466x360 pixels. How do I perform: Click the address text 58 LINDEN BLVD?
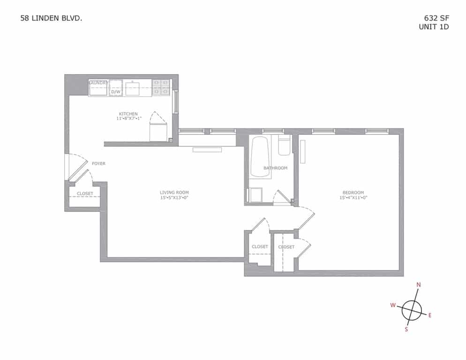(52, 19)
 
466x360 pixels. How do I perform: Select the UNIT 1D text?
(434, 27)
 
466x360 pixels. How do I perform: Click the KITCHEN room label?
(128, 114)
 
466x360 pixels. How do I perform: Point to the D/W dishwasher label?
(115, 92)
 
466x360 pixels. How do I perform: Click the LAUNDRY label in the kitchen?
(98, 83)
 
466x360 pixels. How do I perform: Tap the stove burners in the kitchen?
(161, 88)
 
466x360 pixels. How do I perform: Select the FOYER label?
(98, 164)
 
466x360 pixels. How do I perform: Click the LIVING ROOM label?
(174, 192)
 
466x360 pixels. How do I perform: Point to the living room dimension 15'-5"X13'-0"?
(174, 197)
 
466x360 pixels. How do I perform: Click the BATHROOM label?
(275, 168)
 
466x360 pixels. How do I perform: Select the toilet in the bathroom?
(284, 146)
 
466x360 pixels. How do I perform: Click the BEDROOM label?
(353, 192)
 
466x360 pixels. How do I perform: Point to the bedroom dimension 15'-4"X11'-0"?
(353, 197)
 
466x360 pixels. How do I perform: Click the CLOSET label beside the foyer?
(85, 194)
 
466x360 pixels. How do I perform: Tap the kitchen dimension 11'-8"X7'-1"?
(128, 119)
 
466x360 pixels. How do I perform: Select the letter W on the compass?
(393, 305)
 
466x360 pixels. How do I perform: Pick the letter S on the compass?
(406, 329)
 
